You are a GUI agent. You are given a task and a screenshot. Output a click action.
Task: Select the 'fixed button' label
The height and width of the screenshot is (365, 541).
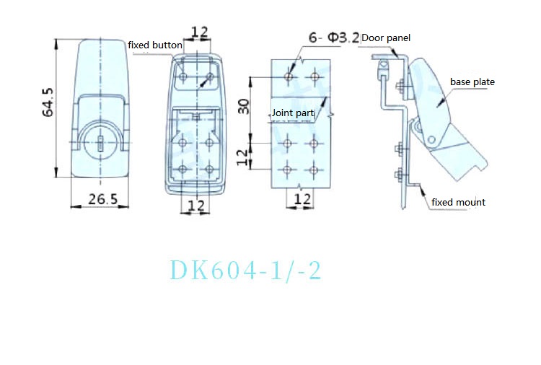coord(155,45)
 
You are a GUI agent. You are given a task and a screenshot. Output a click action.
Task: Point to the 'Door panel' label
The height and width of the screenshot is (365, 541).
coord(386,38)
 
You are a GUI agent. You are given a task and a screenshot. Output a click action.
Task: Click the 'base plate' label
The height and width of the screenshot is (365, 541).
coord(472,82)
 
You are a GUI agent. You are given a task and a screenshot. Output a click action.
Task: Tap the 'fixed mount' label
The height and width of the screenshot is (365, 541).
coord(458,203)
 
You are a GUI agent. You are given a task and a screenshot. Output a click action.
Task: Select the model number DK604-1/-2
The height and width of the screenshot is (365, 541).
coord(245,271)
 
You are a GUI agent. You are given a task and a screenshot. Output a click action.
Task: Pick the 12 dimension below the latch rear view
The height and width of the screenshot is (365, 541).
coord(195,206)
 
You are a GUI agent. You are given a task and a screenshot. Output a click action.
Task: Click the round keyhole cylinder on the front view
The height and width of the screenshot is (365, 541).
coord(100,138)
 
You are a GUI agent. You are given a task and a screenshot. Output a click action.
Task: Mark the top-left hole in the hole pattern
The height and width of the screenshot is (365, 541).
coord(289,76)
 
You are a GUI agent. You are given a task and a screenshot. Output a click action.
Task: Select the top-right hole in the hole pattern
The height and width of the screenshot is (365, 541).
coord(315,76)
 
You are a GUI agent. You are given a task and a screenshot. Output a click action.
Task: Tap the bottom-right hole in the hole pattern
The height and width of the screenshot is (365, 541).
coord(315,170)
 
